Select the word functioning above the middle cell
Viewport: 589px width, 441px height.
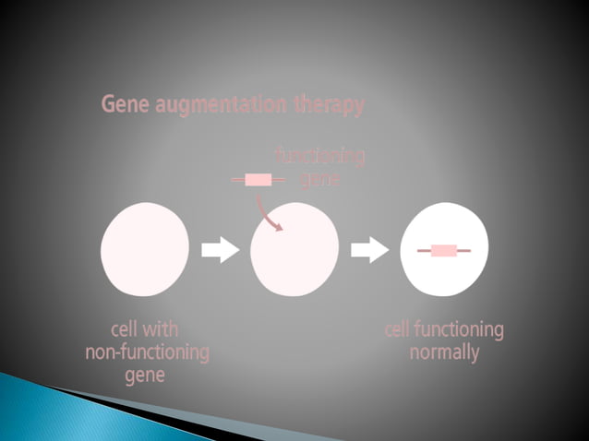click(x=319, y=157)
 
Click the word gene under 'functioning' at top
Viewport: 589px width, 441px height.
click(x=320, y=178)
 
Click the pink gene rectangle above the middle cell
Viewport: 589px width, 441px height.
click(x=258, y=180)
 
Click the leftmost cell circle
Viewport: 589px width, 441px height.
click(x=145, y=250)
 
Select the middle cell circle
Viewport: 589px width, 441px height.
click(x=294, y=250)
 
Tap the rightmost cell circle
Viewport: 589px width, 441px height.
click(x=444, y=250)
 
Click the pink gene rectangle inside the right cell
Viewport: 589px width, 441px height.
click(x=444, y=250)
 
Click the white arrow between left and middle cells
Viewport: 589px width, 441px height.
click(x=220, y=250)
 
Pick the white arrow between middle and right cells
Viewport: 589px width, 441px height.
click(x=370, y=250)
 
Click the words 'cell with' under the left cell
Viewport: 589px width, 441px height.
click(x=145, y=329)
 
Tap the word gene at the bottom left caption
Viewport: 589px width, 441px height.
click(x=145, y=375)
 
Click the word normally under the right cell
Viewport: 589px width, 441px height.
click(x=444, y=352)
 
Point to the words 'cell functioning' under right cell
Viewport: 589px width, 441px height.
click(x=444, y=329)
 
